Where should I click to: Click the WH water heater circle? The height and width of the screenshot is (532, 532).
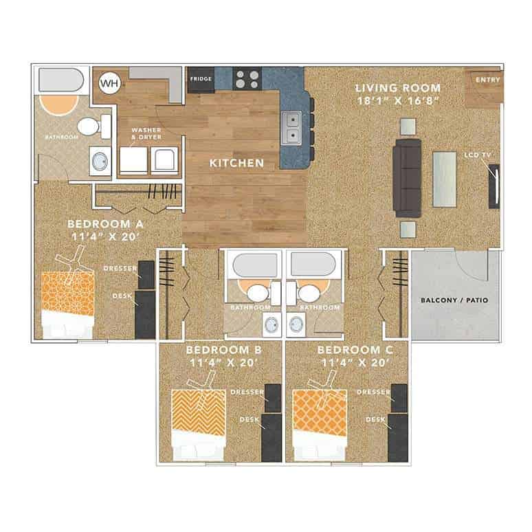tap(109, 84)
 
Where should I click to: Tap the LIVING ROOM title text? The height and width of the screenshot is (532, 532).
tap(398, 88)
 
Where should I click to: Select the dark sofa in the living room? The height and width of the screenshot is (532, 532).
tap(407, 177)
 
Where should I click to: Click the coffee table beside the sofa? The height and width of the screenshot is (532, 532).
tap(445, 178)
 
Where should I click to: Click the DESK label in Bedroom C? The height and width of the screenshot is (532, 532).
tap(375, 419)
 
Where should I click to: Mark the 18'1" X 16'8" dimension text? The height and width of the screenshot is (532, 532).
tap(398, 101)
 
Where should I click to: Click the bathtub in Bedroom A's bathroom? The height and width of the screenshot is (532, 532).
tap(61, 81)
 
